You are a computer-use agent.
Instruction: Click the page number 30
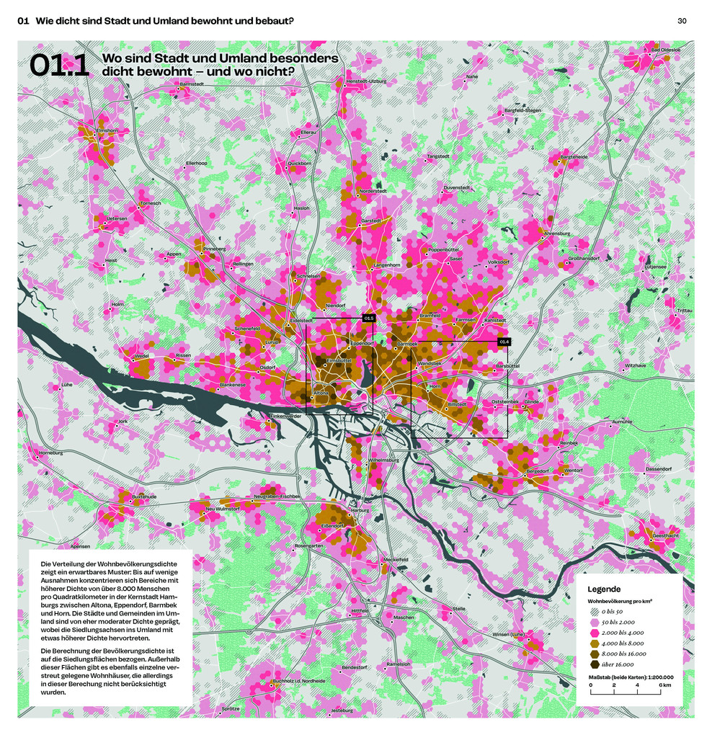(682, 21)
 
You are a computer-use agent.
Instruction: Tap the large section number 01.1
(59, 66)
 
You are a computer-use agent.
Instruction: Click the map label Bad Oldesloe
(665, 50)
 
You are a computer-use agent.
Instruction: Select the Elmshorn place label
(107, 130)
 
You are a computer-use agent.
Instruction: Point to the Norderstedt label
(373, 191)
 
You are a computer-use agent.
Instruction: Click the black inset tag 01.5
(368, 318)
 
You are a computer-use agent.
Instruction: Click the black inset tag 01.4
(503, 342)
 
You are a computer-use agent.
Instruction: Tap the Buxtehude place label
(143, 496)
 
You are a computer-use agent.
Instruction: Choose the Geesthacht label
(664, 536)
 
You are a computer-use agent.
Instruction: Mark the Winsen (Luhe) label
(508, 634)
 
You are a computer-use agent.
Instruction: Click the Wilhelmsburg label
(383, 459)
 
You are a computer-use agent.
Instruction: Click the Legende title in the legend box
(604, 589)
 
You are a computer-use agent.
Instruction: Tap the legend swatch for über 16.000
(595, 664)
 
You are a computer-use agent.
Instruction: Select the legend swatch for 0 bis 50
(595, 611)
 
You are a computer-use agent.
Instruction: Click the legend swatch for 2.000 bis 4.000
(595, 632)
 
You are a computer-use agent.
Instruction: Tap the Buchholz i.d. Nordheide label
(298, 680)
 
